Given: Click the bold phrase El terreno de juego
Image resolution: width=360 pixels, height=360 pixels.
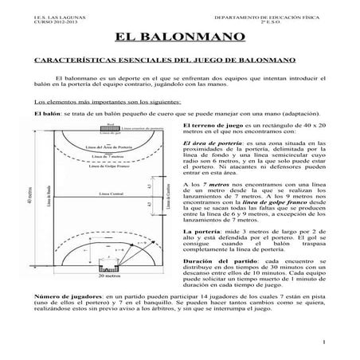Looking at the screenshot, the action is pos(214,126).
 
